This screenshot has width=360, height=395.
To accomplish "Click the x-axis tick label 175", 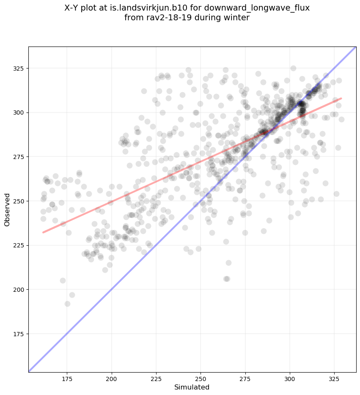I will (67, 378).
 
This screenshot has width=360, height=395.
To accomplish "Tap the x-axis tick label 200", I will (112, 378).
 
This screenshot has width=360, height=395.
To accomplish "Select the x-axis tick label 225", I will (156, 378).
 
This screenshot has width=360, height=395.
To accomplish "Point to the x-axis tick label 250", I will (201, 378).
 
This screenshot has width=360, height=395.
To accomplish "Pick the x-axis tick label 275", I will (245, 378).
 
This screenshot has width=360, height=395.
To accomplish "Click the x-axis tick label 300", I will (290, 378).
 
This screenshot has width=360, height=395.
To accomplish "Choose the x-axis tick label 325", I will (334, 378).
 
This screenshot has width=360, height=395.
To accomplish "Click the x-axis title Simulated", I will (192, 387).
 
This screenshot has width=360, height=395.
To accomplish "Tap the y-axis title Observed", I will (7, 209).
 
